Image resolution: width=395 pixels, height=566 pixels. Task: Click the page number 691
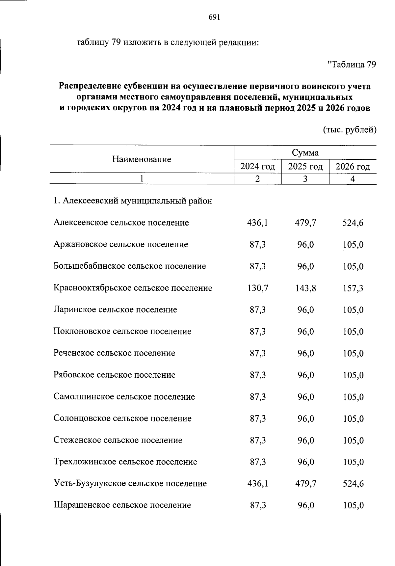[214, 17]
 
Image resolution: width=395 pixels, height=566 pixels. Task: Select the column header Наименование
[142, 159]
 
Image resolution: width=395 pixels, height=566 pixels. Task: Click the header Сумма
[305, 153]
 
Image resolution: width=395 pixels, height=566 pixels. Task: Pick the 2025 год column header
[305, 167]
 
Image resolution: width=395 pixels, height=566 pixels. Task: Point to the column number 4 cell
[353, 179]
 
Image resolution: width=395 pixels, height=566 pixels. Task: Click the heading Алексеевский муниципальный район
[133, 201]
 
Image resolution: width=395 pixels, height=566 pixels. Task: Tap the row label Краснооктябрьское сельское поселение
[133, 288]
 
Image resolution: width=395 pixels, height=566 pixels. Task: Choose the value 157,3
[353, 288]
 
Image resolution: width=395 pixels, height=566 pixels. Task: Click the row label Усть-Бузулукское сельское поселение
[130, 483]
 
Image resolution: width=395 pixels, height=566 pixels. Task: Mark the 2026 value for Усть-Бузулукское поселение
[353, 484]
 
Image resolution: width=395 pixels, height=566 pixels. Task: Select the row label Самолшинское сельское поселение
[124, 397]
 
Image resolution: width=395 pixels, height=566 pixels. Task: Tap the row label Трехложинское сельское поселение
[125, 462]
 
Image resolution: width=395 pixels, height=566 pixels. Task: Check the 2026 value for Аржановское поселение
[353, 245]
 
